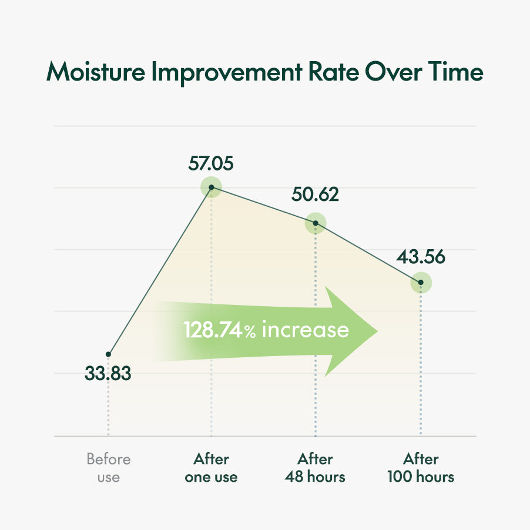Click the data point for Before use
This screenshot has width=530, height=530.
pos(108,354)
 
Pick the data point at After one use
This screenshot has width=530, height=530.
pos(211,187)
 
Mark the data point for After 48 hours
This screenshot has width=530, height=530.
pos(316,223)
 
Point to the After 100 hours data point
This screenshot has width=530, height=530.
pos(421,283)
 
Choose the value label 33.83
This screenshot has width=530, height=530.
pos(108,373)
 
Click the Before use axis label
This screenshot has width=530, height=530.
pos(108,468)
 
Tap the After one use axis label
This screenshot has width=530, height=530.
pos(211,468)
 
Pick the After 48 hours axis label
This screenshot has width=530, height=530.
pos(316,468)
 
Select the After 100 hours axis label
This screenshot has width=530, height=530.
pos(421,468)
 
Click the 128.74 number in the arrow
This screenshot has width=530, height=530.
pos(213,330)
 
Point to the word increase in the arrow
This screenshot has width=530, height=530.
pos(305,330)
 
